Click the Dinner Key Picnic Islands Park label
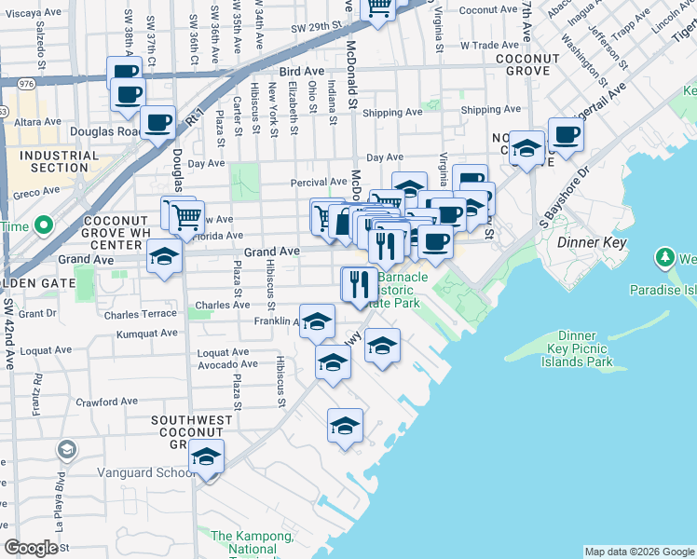[x=584, y=348]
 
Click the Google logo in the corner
[x=31, y=548]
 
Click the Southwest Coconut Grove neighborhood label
[x=193, y=432]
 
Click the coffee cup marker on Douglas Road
[x=157, y=122]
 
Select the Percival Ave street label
[x=319, y=182]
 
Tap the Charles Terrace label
[x=141, y=315]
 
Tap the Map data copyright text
[x=639, y=552]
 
